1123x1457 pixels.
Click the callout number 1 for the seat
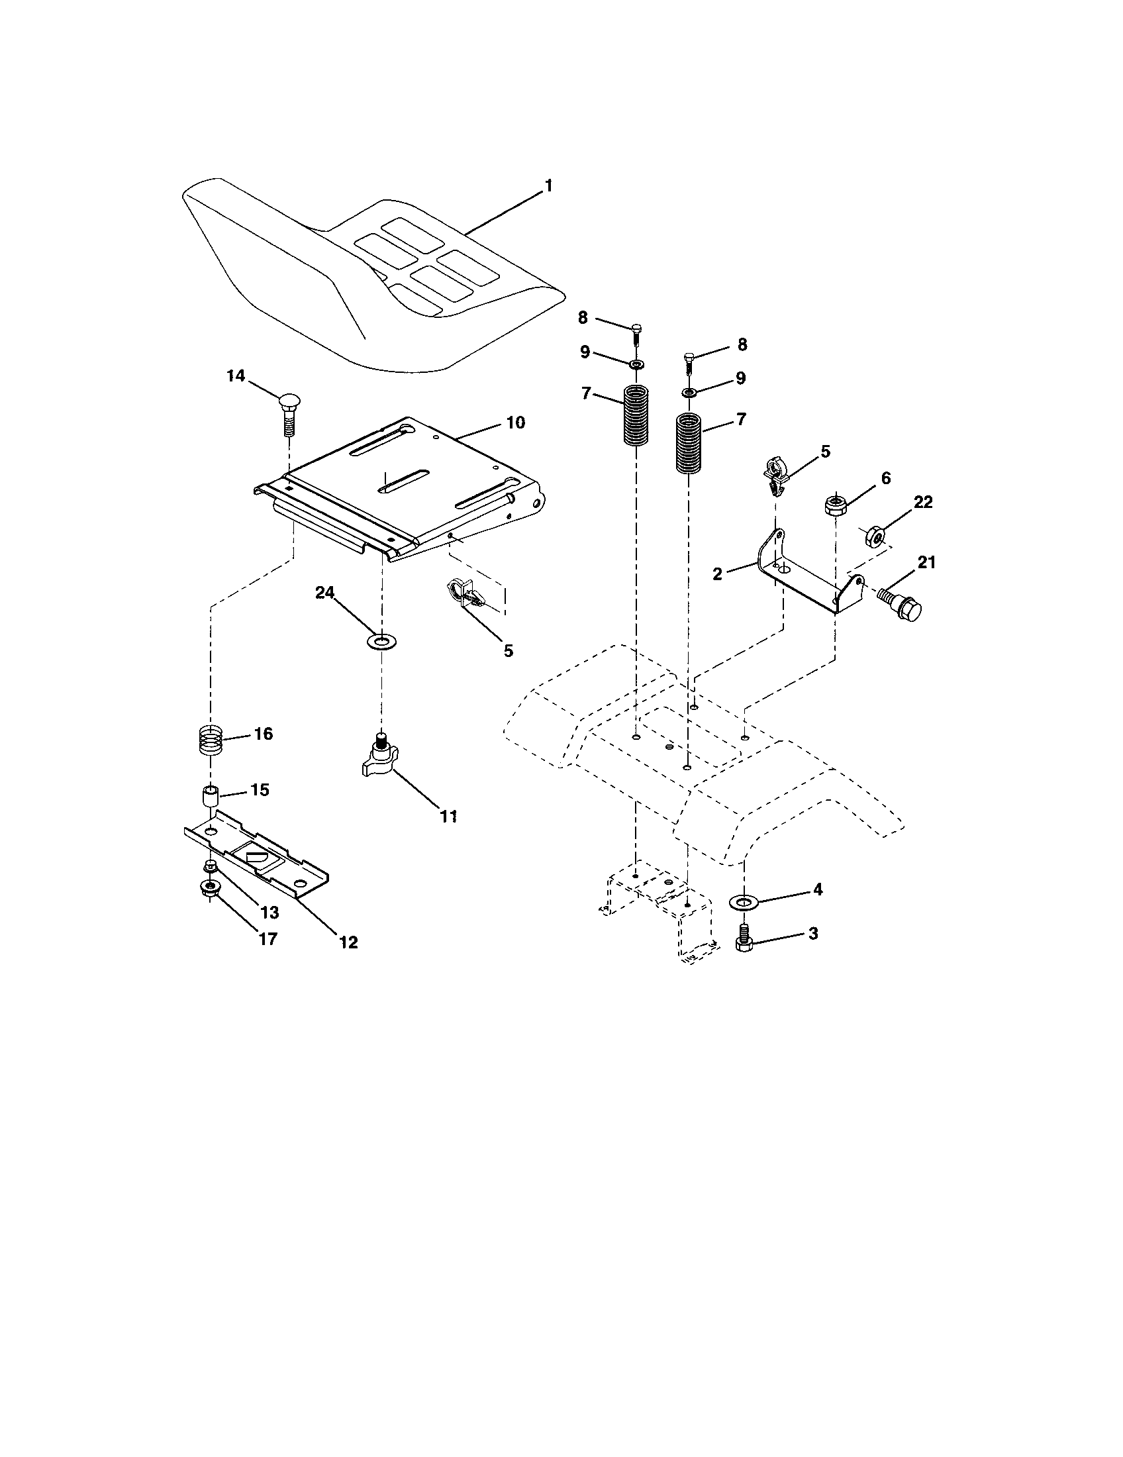[548, 186]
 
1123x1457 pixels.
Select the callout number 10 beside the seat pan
[516, 423]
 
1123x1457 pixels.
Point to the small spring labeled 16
[211, 740]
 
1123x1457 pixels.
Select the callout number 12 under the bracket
[348, 942]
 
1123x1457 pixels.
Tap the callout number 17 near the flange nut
[268, 938]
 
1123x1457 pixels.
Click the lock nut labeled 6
[834, 505]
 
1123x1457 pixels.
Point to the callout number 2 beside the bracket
[717, 574]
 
